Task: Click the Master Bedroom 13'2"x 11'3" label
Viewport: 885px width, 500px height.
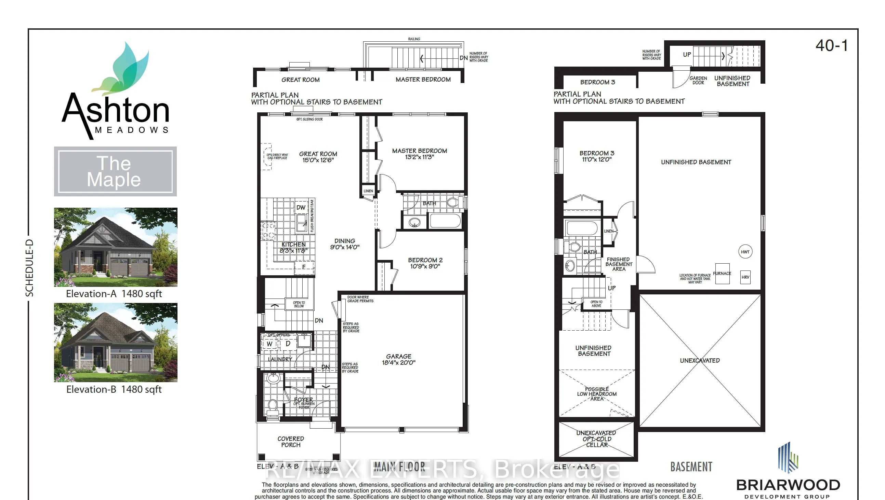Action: (x=420, y=154)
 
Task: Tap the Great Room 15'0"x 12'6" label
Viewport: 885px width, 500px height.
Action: (x=318, y=157)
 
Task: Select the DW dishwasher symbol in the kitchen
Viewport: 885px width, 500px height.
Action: (x=301, y=207)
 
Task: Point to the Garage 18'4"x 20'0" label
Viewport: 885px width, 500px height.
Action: (x=398, y=359)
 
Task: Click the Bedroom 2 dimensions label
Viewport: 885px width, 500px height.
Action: (x=425, y=263)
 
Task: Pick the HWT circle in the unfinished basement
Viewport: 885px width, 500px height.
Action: (x=745, y=252)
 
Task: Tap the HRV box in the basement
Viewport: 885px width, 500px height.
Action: (x=745, y=277)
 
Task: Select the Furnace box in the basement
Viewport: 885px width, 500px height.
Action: (x=722, y=274)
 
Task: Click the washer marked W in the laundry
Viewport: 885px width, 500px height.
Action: (x=269, y=344)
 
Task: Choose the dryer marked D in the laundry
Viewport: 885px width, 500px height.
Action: (x=288, y=343)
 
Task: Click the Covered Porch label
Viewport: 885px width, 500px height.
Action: (x=291, y=442)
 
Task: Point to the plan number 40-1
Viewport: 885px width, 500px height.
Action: (x=831, y=46)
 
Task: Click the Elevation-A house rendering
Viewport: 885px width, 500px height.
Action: (x=116, y=247)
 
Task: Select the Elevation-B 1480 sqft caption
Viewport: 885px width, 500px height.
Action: (x=114, y=389)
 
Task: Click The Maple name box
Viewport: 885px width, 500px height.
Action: (x=115, y=171)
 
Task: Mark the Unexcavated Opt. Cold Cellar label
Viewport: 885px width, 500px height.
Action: (x=596, y=439)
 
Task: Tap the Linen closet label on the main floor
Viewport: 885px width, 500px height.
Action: (x=368, y=191)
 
